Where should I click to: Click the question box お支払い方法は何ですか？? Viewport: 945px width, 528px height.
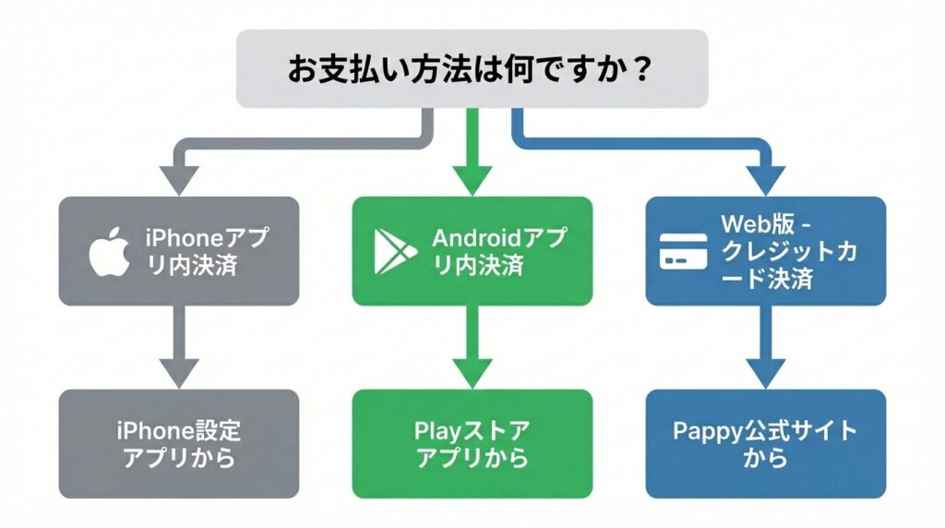(472, 68)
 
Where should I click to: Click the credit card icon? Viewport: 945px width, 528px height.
(683, 251)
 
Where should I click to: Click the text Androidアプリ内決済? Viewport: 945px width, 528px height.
(496, 251)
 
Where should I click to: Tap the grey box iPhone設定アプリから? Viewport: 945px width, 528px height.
(179, 444)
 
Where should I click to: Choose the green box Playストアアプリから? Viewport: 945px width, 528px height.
(472, 444)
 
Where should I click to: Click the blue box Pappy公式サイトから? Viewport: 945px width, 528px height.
(765, 444)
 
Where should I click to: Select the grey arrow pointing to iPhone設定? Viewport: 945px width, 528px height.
(179, 346)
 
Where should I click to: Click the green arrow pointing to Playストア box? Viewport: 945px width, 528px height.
(472, 346)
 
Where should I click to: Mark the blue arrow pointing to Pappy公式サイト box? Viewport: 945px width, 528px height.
(765, 346)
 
